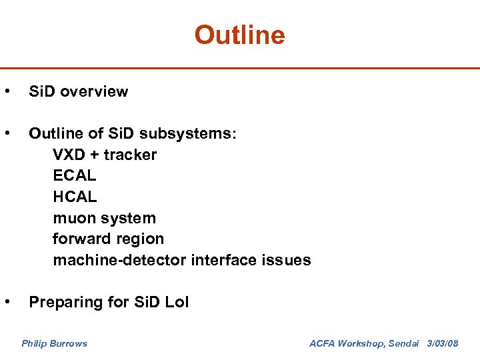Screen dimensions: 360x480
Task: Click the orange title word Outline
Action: [x=239, y=35]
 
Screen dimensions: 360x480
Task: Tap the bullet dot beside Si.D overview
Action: [x=7, y=91]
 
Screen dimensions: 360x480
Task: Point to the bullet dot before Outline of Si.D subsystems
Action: [x=7, y=133]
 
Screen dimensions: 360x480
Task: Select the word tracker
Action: [x=131, y=155]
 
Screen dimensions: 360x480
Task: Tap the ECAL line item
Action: [x=75, y=176]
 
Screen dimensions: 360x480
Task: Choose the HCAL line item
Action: [x=75, y=197]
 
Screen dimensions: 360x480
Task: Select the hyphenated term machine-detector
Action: [x=120, y=261]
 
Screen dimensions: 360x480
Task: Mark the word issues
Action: [x=287, y=261]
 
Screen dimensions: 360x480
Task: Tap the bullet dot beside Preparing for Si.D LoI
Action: [x=7, y=302]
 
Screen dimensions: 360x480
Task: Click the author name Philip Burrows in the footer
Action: [x=54, y=343]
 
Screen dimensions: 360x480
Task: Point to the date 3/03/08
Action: [x=443, y=343]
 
